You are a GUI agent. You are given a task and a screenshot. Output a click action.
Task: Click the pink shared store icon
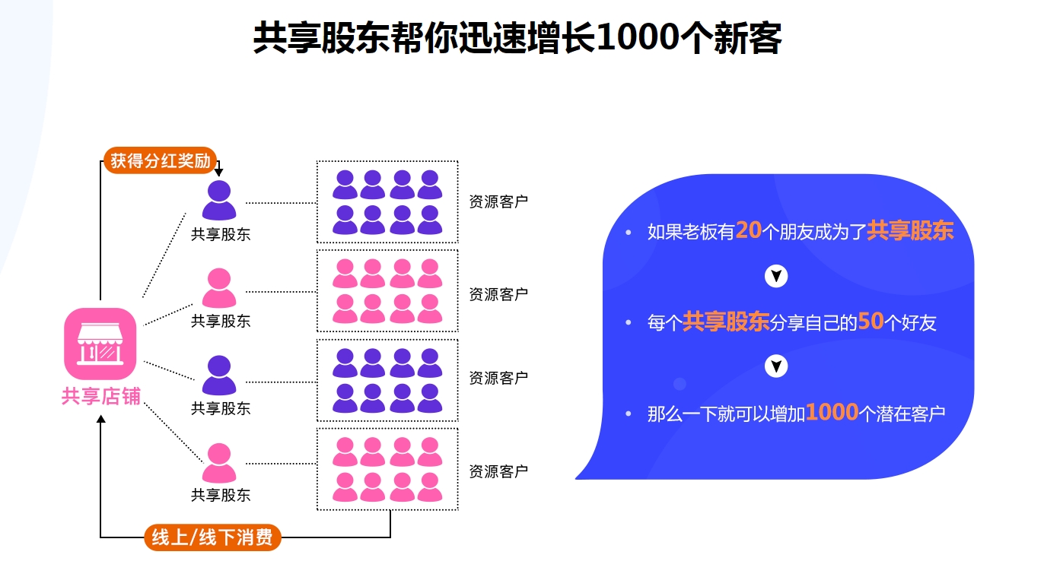pos(100,344)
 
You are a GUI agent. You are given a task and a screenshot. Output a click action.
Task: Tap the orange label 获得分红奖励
pos(161,161)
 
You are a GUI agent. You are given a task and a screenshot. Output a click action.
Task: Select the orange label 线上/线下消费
pos(212,537)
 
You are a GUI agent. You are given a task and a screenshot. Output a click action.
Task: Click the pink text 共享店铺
pos(100,396)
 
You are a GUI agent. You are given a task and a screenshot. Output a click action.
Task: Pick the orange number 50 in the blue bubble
pos(871,322)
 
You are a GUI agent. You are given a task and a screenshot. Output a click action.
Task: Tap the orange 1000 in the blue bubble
pos(832,413)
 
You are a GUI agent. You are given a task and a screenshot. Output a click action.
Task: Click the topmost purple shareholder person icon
pos(219,200)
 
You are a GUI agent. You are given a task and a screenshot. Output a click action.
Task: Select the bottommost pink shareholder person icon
pos(219,463)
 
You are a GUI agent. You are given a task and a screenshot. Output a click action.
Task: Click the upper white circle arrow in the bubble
pos(775,276)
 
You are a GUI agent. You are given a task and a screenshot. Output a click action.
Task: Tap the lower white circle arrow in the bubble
pos(775,367)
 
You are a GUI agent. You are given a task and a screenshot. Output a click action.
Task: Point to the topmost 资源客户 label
pos(498,202)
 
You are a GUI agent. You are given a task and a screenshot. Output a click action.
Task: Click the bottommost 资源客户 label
pos(498,471)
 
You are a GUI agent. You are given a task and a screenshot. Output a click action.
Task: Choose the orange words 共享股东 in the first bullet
pos(910,230)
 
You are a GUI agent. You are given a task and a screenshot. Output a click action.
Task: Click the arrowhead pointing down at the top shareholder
pos(218,173)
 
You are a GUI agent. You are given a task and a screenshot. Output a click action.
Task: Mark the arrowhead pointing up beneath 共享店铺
pos(100,420)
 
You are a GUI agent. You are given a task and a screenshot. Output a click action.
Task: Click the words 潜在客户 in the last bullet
pos(912,414)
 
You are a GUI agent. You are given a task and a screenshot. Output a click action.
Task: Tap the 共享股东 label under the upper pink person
pos(220,322)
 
